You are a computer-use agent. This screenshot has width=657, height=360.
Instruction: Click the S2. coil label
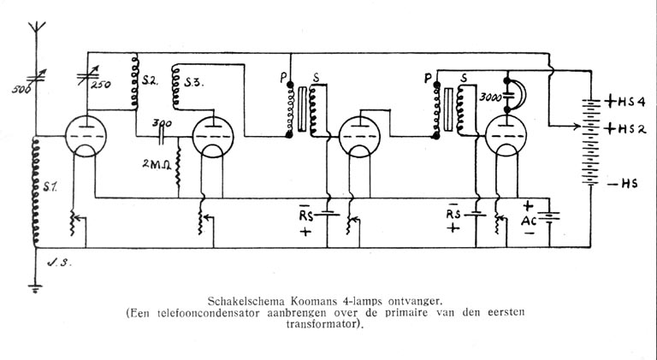point(151,82)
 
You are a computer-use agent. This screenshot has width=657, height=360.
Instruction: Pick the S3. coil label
point(194,82)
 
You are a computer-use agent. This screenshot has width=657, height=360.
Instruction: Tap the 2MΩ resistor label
point(158,161)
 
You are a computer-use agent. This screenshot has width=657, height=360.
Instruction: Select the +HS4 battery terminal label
point(622,100)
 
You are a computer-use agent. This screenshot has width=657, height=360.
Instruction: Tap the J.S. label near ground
point(61,262)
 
